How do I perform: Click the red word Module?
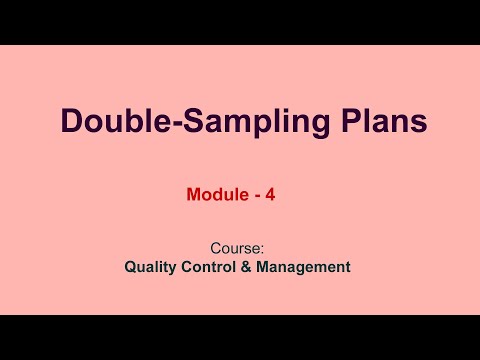pyautogui.click(x=215, y=196)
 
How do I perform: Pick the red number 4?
pyautogui.click(x=270, y=196)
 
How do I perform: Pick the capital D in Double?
pyautogui.click(x=71, y=121)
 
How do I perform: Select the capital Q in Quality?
pyautogui.click(x=131, y=267)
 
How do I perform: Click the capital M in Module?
pyautogui.click(x=194, y=196)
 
